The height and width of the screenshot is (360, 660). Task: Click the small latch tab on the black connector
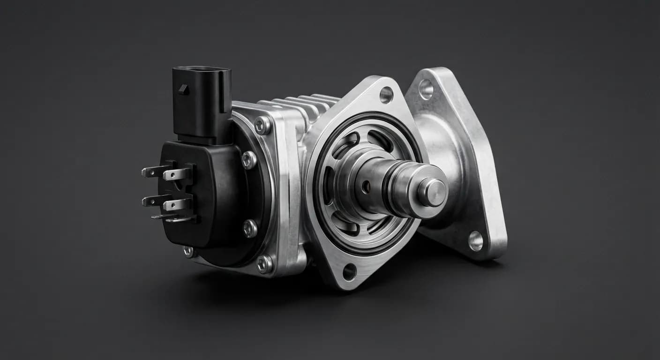(x=184, y=89)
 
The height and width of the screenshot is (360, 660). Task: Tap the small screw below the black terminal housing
(x=188, y=252)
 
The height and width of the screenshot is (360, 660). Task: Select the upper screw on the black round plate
(x=248, y=160)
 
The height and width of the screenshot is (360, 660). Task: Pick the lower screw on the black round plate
(x=250, y=228)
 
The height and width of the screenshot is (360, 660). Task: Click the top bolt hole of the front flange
(x=386, y=95)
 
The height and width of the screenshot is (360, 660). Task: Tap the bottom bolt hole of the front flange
(x=349, y=271)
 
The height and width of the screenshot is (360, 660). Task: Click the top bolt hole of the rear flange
(x=426, y=89)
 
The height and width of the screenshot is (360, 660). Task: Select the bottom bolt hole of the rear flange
(x=476, y=240)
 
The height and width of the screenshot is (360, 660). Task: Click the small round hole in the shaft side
(x=366, y=187)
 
